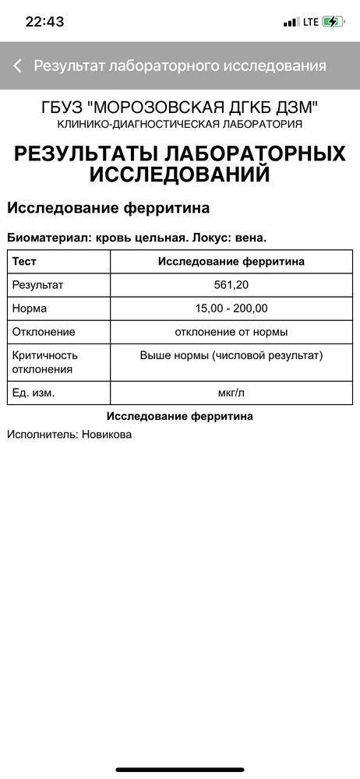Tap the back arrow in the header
[17, 65]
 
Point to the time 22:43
[44, 22]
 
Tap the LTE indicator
[311, 22]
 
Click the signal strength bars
[291, 22]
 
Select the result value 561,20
[231, 284]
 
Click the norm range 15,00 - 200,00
[231, 308]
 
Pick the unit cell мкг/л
[231, 393]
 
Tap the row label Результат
[37, 284]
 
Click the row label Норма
[30, 308]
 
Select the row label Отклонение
[44, 332]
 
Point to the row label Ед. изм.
[34, 393]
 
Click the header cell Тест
[24, 262]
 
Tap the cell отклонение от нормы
[231, 332]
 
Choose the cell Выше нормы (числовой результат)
[231, 355]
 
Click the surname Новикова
[107, 434]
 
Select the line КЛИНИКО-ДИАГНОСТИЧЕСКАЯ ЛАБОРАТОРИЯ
[180, 124]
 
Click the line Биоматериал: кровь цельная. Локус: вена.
[142, 238]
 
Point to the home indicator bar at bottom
[180, 769]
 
